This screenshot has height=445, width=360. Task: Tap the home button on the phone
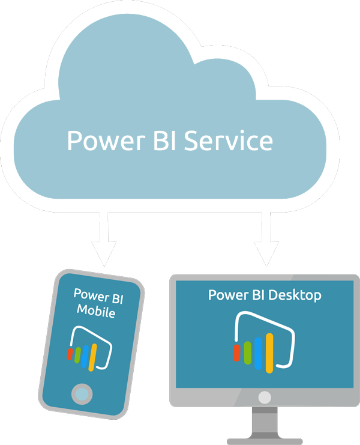click(x=82, y=393)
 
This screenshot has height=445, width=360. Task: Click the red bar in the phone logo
click(x=71, y=353)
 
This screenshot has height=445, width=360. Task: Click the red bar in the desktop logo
click(x=236, y=353)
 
